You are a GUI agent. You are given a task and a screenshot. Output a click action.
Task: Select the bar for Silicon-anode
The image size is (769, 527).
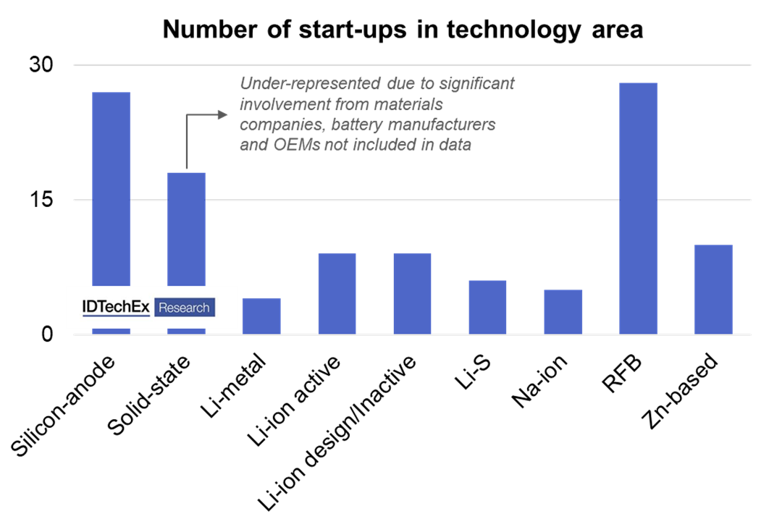pyautogui.click(x=111, y=188)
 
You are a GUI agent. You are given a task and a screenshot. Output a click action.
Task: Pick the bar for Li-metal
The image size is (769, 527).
pyautogui.click(x=261, y=316)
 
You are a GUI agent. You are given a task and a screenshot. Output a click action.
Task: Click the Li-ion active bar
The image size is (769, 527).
pyautogui.click(x=337, y=294)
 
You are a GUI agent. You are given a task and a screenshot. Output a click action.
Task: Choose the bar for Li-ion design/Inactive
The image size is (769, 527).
pyautogui.click(x=412, y=294)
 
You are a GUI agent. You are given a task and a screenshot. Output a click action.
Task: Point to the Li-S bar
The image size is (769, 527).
pyautogui.click(x=487, y=307)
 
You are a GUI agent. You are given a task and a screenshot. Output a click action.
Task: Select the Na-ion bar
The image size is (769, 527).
pyautogui.click(x=563, y=312)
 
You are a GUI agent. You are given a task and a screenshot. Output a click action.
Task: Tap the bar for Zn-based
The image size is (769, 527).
pyautogui.click(x=713, y=290)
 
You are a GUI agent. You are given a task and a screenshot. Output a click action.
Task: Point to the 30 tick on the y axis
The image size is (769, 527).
pyautogui.click(x=41, y=65)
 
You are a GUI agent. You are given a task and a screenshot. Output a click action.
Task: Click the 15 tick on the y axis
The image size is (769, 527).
pyautogui.click(x=41, y=200)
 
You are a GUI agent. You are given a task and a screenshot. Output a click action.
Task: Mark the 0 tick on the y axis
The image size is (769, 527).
pyautogui.click(x=48, y=334)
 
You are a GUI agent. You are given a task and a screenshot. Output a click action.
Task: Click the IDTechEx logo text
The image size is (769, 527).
pyautogui.click(x=116, y=308)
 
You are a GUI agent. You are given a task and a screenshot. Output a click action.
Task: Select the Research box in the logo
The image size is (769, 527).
pyautogui.click(x=184, y=308)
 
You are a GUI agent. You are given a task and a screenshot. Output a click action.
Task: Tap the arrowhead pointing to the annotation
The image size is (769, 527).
pyautogui.click(x=222, y=114)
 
